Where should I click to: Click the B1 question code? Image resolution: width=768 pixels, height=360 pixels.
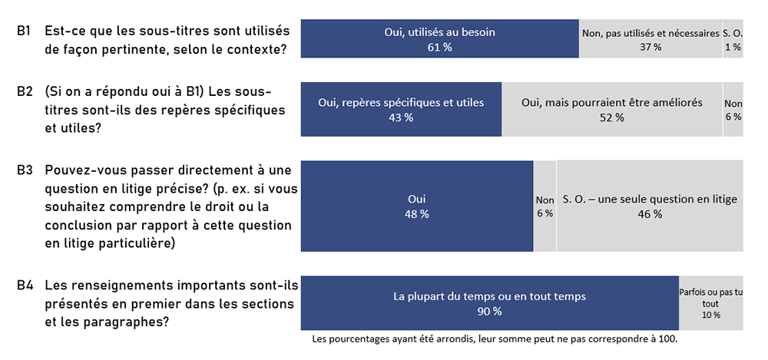tap(24, 31)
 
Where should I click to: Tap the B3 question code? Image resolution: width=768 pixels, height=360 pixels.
tap(24, 170)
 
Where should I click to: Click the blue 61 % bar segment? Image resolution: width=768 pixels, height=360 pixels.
tap(439, 39)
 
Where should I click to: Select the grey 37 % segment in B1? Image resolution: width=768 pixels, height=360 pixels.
tap(650, 39)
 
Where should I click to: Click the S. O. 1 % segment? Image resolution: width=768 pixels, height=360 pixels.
tap(733, 39)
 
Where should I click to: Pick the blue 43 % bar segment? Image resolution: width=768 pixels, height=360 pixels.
tap(401, 109)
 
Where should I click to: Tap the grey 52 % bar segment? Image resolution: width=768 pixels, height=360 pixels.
tap(611, 109)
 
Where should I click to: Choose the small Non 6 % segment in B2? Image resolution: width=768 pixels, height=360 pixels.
tap(733, 109)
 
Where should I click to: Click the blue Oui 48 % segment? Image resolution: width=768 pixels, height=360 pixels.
tap(416, 206)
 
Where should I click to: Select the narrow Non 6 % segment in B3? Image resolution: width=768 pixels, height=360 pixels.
tap(545, 206)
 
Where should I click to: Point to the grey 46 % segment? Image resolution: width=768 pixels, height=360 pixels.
tap(650, 206)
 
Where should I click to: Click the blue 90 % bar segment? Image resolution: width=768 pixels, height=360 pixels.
tap(489, 303)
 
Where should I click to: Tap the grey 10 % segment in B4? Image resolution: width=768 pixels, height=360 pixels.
tap(711, 303)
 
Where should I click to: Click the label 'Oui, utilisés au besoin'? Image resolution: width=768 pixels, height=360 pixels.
tap(439, 32)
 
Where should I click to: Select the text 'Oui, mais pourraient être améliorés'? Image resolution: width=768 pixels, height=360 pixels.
tap(611, 102)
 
